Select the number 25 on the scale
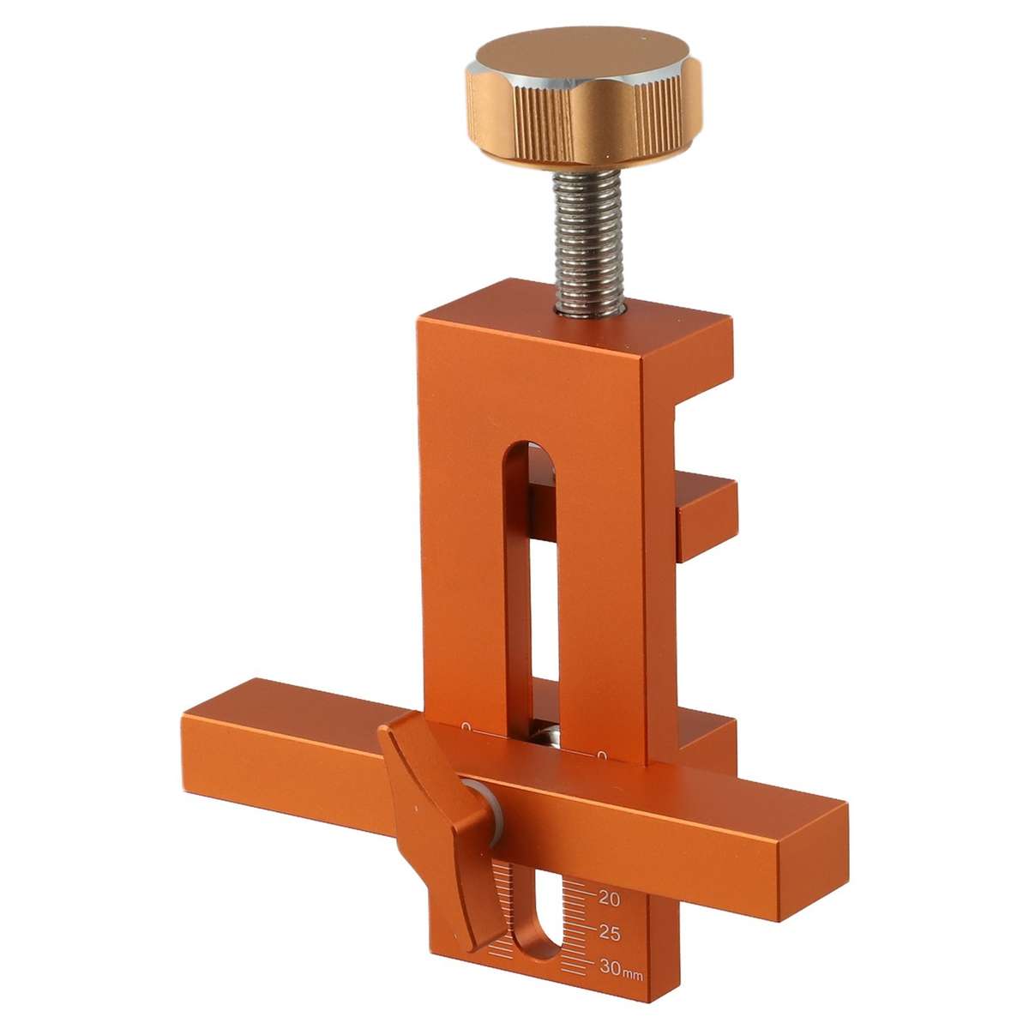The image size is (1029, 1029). tap(610, 933)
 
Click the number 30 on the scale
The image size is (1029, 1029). tap(610, 966)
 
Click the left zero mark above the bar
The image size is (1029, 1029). tap(466, 727)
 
